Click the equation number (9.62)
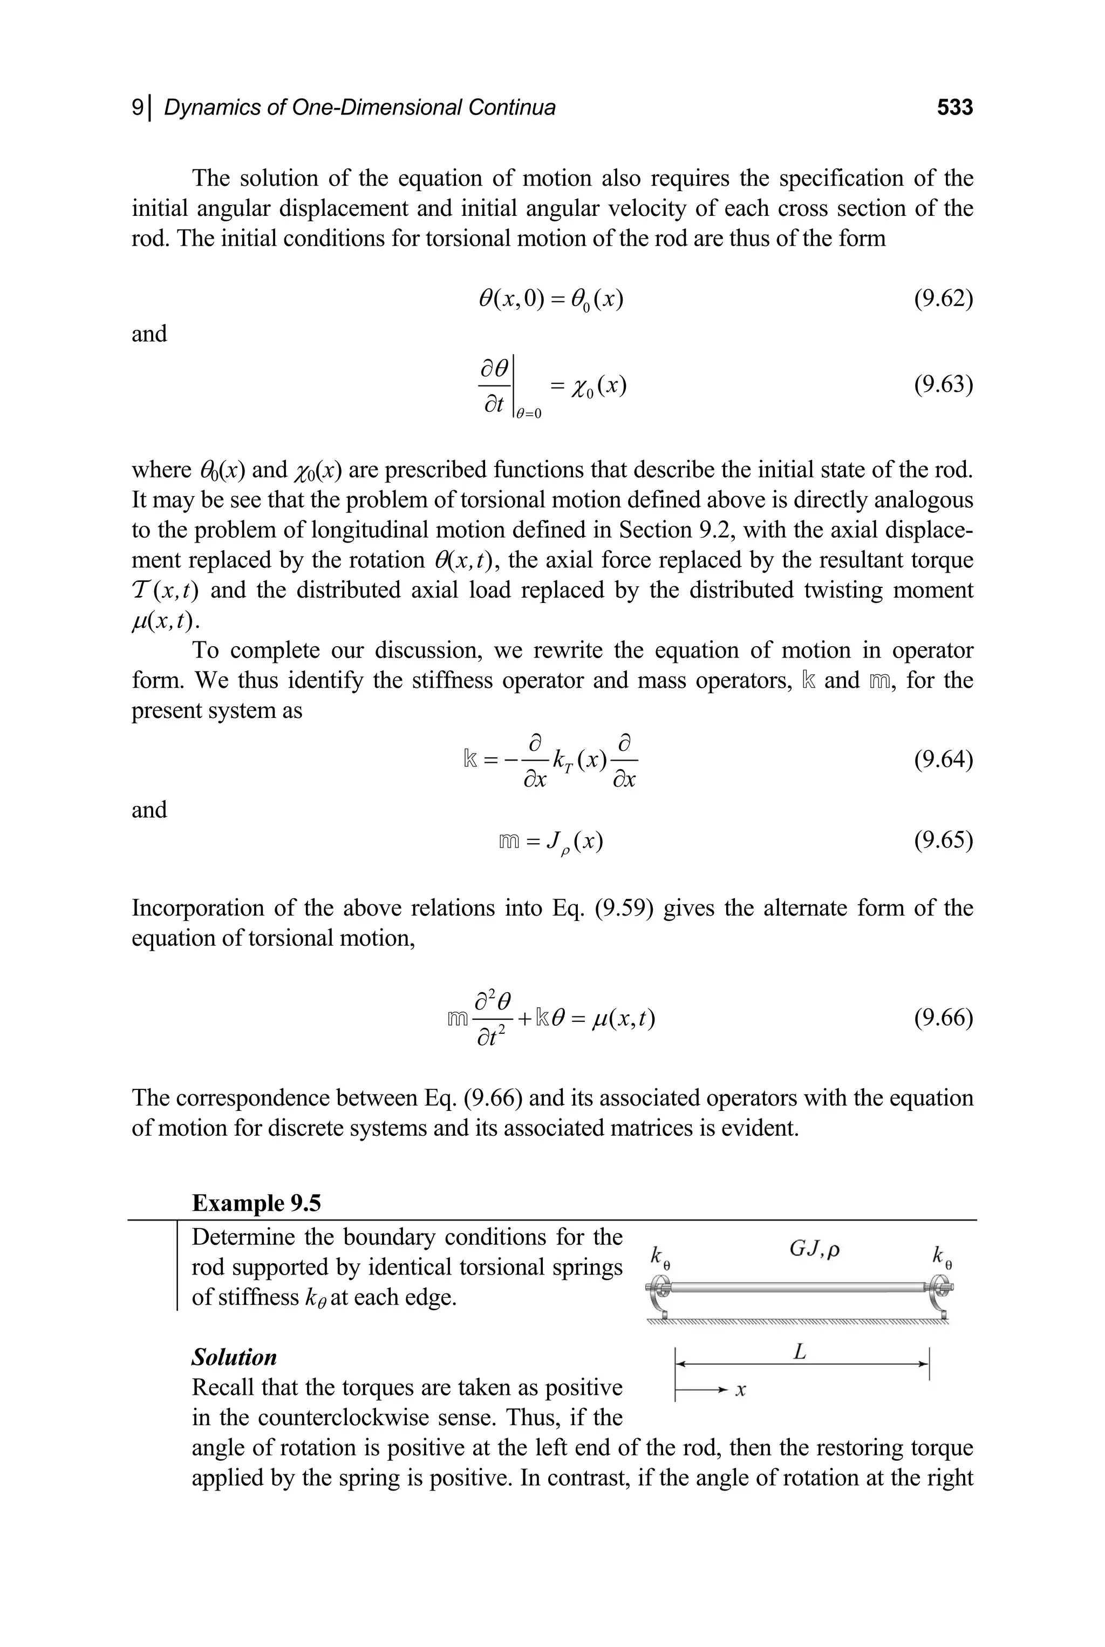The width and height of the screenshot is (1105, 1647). pos(943,300)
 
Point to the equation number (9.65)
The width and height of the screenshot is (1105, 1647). pos(943,841)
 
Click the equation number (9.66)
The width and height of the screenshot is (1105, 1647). pos(943,1018)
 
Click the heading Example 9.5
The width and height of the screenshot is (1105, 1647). pos(256,1202)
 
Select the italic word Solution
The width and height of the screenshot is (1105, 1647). pos(234,1357)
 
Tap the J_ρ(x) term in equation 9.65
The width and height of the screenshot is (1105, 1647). pos(574,842)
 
